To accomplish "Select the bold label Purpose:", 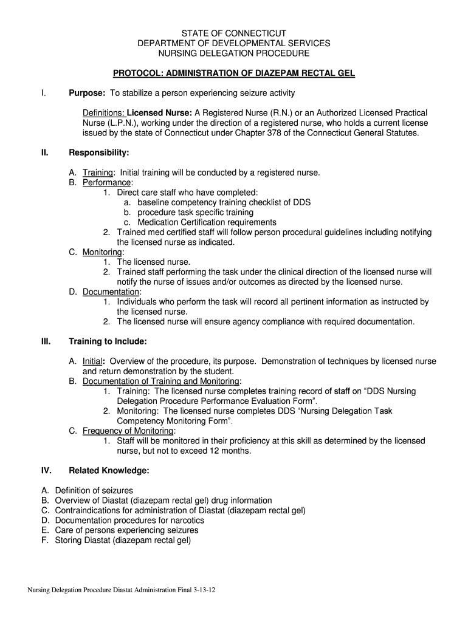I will pyautogui.click(x=87, y=93).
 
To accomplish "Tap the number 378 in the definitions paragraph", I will pyautogui.click(x=289, y=132).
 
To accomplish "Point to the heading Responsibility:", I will pyautogui.click(x=98, y=152).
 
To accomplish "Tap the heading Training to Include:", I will pyautogui.click(x=108, y=341).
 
